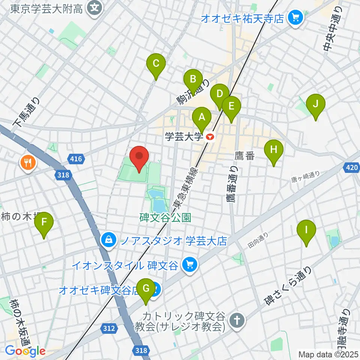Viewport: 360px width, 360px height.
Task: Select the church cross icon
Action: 237,320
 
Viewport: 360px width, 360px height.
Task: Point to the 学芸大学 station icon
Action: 210,138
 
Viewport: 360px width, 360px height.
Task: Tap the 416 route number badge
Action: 76,159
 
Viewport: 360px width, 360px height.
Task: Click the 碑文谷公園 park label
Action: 166,217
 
